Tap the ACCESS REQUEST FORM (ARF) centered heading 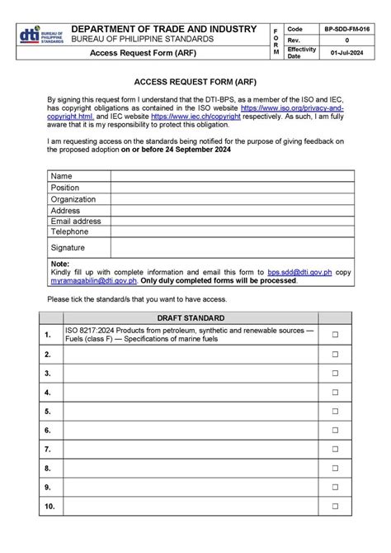coord(195,83)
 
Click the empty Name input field coord(232,176)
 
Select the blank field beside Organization coord(232,199)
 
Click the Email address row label coord(75,222)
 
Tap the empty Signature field coord(232,247)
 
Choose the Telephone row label coord(69,232)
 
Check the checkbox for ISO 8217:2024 coord(335,334)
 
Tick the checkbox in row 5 coord(335,411)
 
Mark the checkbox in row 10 coord(335,506)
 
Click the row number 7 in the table coord(49,449)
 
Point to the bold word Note coord(60,263)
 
